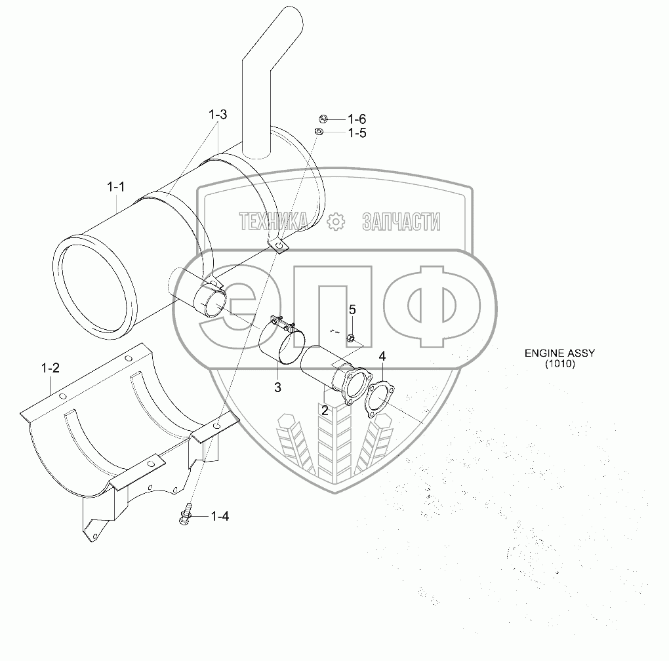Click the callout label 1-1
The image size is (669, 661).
click(x=116, y=187)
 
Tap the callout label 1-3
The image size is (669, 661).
click(x=218, y=115)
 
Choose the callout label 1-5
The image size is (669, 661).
click(x=357, y=133)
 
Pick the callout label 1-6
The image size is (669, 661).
click(x=357, y=119)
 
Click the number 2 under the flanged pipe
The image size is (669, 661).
click(x=325, y=410)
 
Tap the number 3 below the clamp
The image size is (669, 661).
click(x=277, y=388)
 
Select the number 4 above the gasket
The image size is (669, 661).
click(x=382, y=356)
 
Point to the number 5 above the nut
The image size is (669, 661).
click(x=352, y=309)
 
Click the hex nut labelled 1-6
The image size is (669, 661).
click(x=323, y=119)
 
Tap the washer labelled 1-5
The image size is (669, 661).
click(x=319, y=132)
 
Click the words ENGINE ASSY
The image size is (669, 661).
click(x=559, y=353)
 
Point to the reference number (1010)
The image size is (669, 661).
click(x=559, y=364)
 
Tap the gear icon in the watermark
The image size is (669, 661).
click(x=334, y=222)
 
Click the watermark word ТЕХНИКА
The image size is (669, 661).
click(x=274, y=222)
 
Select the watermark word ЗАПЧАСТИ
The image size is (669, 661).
click(x=401, y=222)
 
